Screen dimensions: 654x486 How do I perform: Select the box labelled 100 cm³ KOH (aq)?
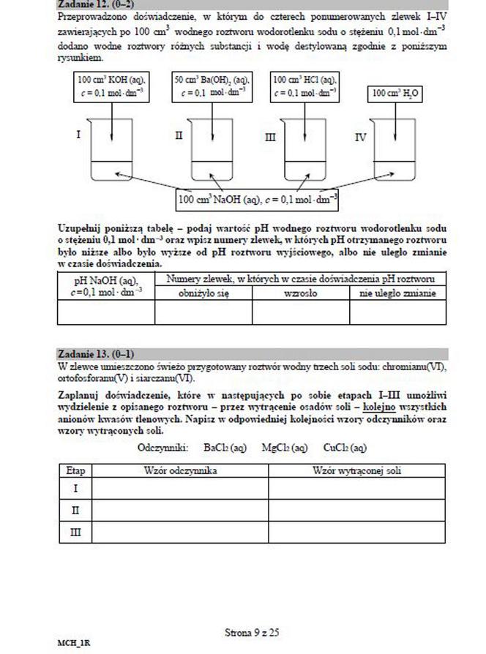(x=111, y=86)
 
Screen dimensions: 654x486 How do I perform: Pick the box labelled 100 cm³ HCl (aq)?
(x=304, y=86)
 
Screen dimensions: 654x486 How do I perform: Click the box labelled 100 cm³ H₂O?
(x=397, y=94)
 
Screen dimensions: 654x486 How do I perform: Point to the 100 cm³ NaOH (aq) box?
(x=258, y=199)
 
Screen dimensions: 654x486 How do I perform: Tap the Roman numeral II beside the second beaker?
(x=179, y=136)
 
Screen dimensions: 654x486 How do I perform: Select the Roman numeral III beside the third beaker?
(x=269, y=137)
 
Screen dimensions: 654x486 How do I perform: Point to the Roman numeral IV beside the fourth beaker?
(x=360, y=137)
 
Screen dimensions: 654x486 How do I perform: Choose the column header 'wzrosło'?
(x=300, y=293)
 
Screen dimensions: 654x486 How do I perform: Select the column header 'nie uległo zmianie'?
(x=397, y=293)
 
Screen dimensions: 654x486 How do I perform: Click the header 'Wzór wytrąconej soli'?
(x=356, y=470)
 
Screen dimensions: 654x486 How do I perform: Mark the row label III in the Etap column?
(x=75, y=533)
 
